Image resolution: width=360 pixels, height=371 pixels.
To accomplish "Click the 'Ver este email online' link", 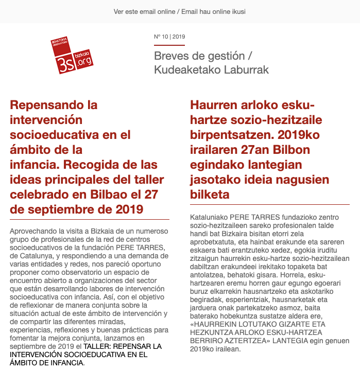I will (144, 11).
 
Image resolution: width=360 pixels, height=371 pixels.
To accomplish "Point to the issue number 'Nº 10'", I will (162, 37).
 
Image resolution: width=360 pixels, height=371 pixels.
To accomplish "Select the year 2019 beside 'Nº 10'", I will (179, 37).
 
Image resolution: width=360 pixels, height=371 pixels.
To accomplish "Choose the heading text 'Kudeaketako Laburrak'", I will (211, 70).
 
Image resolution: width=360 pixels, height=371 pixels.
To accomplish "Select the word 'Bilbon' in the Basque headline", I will (304, 150).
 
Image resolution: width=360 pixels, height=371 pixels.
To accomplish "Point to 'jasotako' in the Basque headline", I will (215, 180).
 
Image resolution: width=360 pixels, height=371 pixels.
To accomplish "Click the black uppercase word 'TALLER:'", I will (101, 346).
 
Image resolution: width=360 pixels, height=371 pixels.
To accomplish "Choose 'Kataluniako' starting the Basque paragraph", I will (209, 218).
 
